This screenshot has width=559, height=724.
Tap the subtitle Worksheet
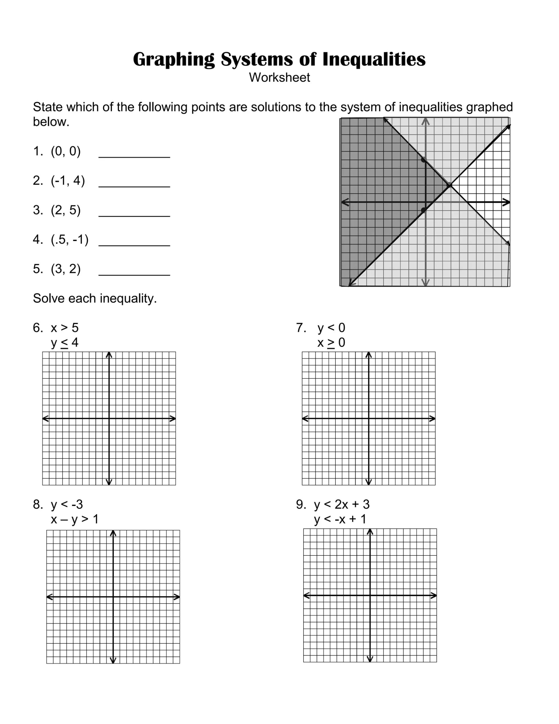pos(279,77)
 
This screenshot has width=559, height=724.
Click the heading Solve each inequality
pos(95,298)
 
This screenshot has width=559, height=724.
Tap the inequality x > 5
pos(65,328)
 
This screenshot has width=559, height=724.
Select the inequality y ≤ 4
pos(65,342)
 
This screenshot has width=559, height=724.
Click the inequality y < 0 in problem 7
pos(331,328)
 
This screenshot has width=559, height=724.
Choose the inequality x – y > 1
pos(75,519)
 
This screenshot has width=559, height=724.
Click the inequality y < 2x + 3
pos(342,505)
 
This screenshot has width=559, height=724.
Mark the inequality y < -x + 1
pos(340,519)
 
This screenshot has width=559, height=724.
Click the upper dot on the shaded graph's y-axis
pos(423,160)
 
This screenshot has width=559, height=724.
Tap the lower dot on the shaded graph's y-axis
pos(423,210)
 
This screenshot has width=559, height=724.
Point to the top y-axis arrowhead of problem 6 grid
pos(109,355)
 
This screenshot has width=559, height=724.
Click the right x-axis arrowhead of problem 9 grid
pos(434,596)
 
